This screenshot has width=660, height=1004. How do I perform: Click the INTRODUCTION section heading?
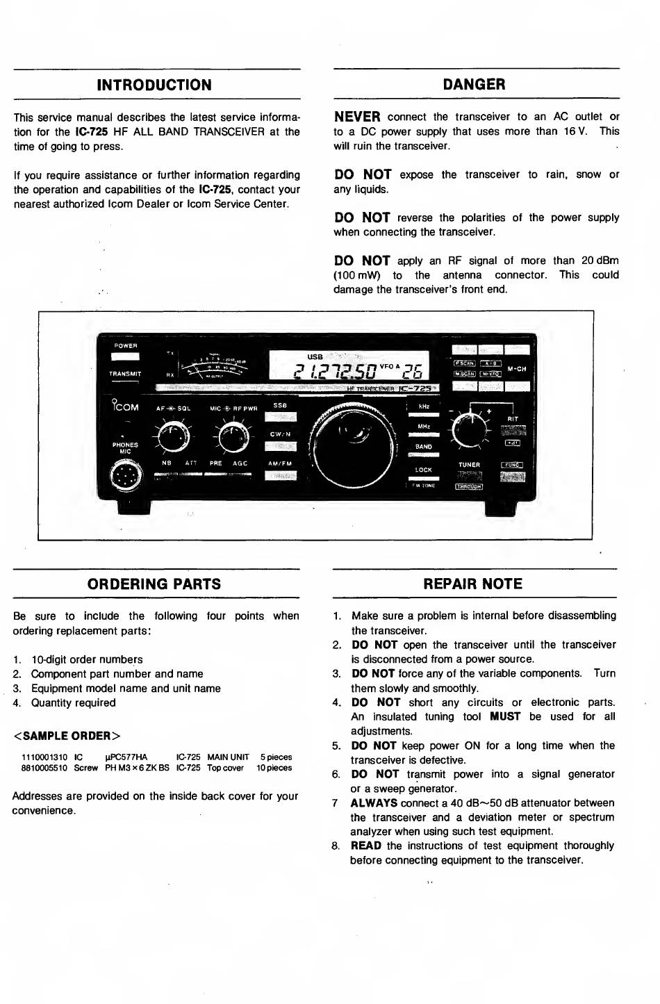(x=154, y=85)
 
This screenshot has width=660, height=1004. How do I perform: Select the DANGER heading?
(x=474, y=85)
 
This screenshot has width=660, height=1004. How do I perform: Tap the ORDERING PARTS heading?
(x=154, y=584)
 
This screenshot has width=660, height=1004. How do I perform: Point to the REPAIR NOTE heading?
(x=472, y=584)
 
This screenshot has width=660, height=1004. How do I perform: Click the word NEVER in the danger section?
(x=357, y=117)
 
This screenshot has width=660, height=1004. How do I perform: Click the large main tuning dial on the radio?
(x=354, y=444)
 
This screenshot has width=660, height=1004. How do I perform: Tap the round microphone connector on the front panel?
(x=126, y=476)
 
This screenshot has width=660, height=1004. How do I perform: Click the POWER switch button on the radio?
(x=125, y=356)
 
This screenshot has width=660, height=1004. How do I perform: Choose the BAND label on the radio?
(x=423, y=447)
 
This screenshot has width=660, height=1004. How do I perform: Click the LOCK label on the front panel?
(x=423, y=470)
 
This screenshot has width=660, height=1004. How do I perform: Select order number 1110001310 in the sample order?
(x=44, y=757)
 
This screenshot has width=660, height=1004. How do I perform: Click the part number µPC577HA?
(x=126, y=757)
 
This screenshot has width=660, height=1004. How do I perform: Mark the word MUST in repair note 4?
(x=504, y=716)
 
